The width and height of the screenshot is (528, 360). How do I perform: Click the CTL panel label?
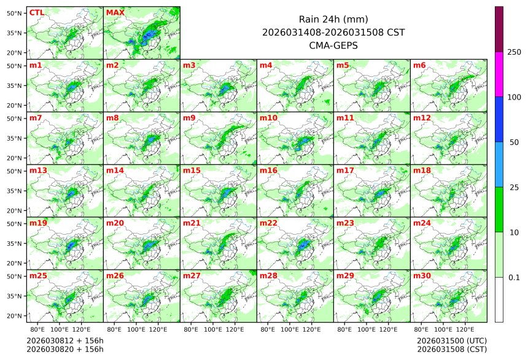tap(37, 12)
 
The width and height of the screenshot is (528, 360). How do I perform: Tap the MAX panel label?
tap(115, 12)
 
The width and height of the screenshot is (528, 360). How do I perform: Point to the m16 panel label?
tap(268, 170)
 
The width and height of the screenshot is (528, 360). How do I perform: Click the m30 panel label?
tap(421, 276)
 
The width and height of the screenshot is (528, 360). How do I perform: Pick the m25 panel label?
tap(37, 276)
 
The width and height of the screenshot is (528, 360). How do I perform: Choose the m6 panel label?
tap(419, 65)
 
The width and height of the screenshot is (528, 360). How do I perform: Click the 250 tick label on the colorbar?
tap(514, 52)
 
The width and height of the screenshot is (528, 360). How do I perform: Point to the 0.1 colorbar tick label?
tap(514, 278)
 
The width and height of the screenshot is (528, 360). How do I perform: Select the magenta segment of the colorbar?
tap(499, 74)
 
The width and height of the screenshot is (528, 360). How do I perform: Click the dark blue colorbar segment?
tap(499, 119)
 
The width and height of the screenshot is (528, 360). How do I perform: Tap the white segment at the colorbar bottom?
tap(499, 299)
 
